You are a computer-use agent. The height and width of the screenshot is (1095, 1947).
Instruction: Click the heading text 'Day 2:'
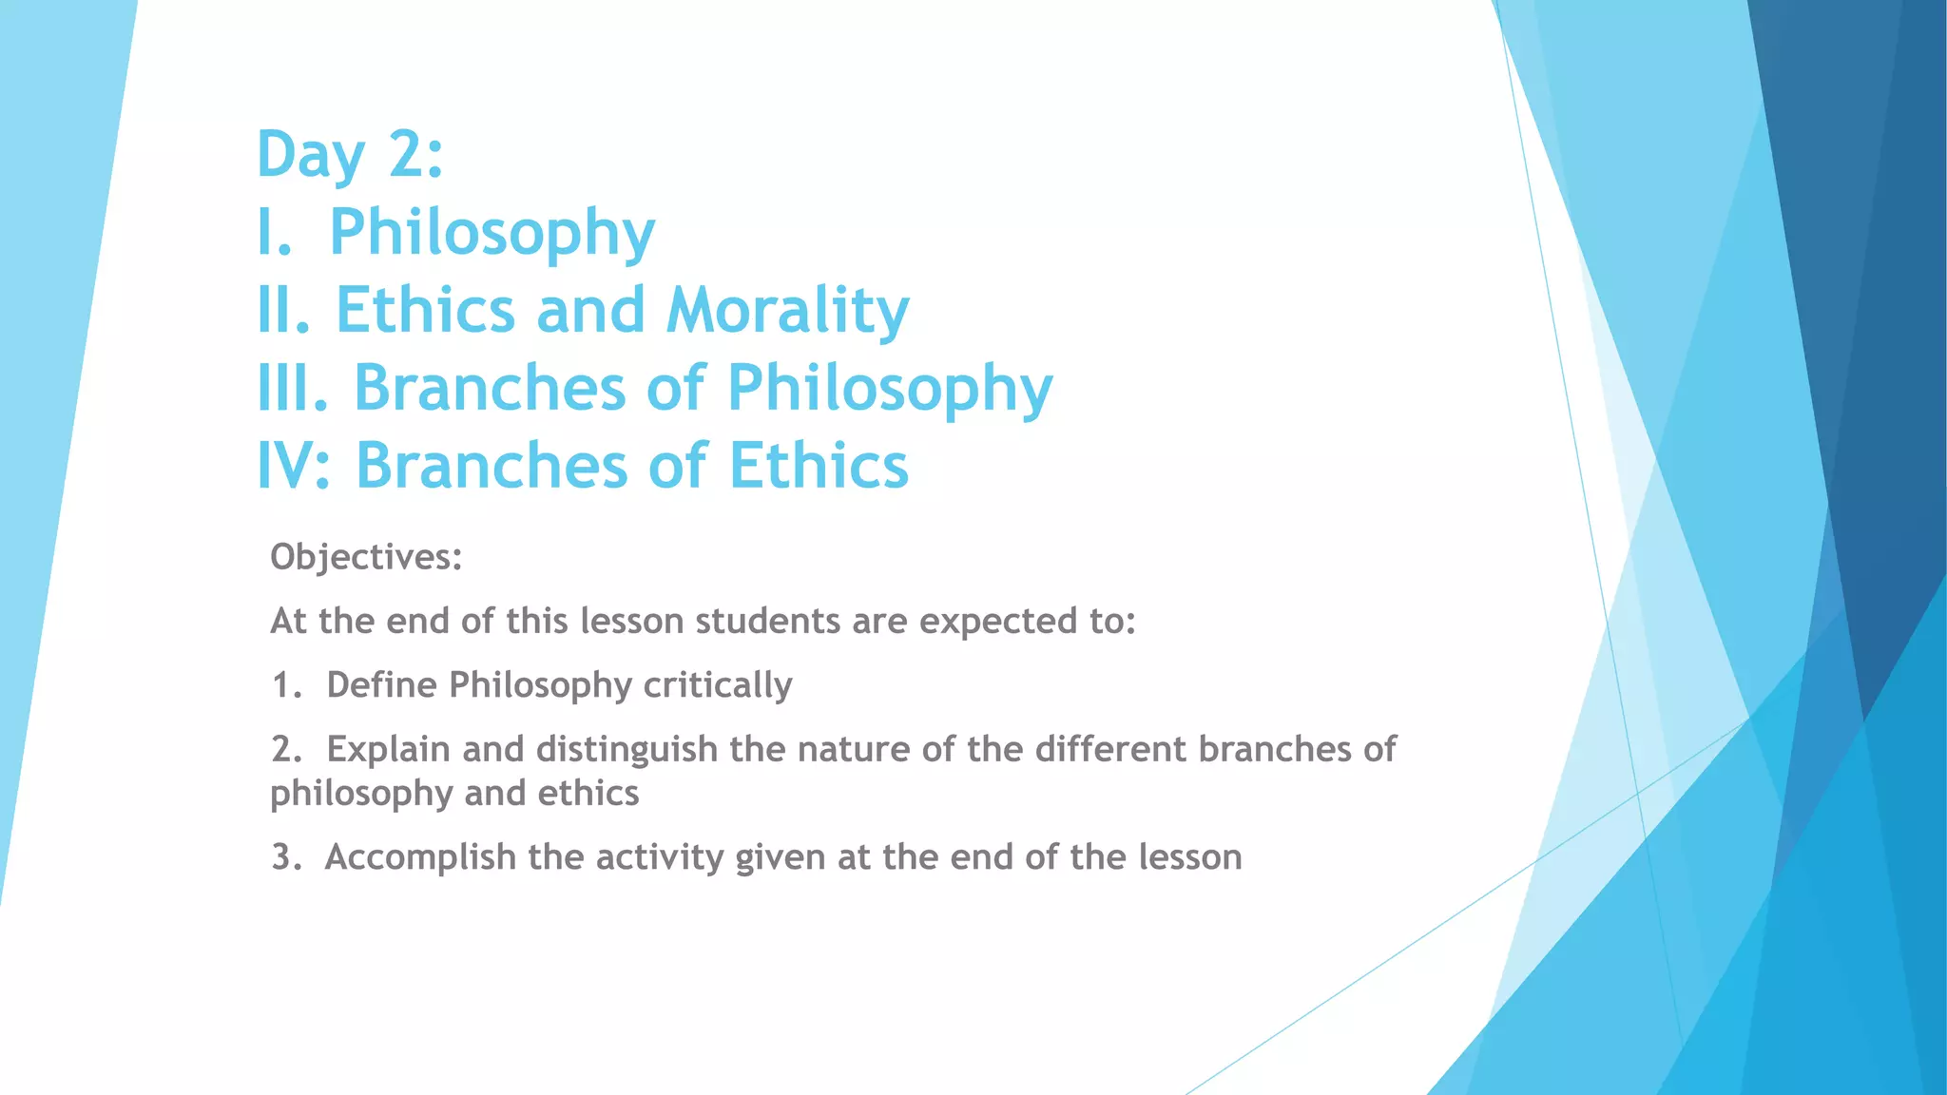pos(350,155)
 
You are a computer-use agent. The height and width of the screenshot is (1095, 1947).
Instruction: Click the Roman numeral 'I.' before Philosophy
pos(274,233)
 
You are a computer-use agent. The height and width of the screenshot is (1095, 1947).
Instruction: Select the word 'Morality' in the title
pos(787,311)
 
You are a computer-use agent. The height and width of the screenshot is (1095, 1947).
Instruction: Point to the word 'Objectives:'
pos(366,557)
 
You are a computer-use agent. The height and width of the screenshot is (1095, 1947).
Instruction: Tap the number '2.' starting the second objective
pos(286,750)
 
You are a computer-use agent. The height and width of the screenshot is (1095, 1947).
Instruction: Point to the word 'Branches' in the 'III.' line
pos(489,389)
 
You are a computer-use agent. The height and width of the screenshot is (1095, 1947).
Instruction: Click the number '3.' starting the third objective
pos(286,857)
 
